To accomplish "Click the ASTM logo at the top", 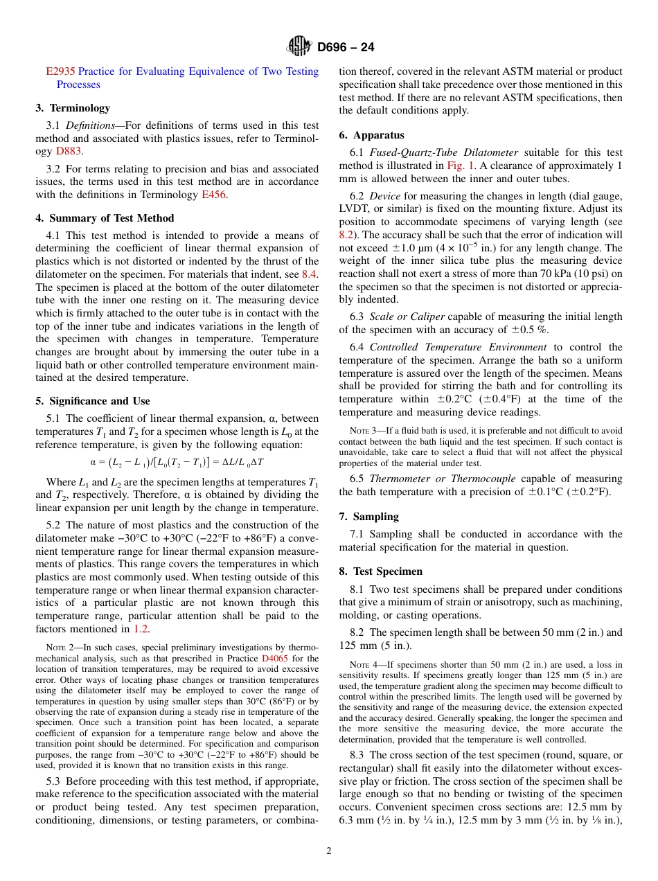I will [x=299, y=46].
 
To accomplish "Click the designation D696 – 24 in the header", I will [x=346, y=47].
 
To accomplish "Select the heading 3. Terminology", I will [x=73, y=108].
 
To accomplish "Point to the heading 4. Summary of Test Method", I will [x=105, y=218].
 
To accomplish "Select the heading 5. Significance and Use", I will [x=93, y=401].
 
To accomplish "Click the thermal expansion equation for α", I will [x=177, y=461].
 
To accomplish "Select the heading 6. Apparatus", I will [x=371, y=135].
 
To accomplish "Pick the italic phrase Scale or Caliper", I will [x=407, y=317].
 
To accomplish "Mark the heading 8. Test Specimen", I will [x=380, y=571].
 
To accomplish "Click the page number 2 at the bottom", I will [x=329, y=851].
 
